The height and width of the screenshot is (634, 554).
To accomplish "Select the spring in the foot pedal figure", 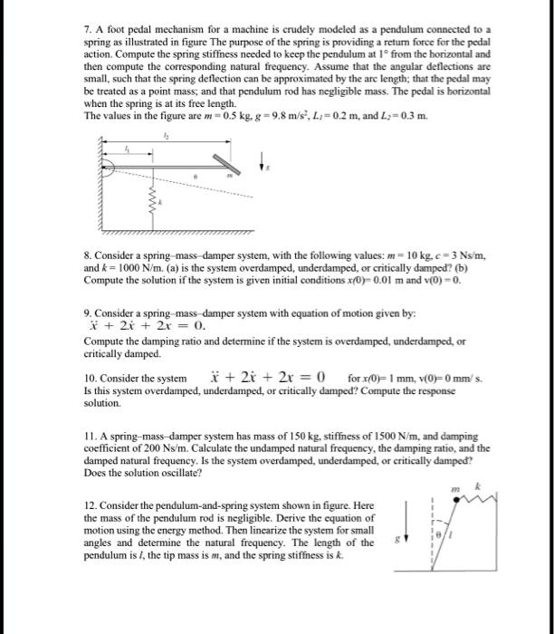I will pos(151,214).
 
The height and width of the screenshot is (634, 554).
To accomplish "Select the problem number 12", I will pos(89,505).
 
